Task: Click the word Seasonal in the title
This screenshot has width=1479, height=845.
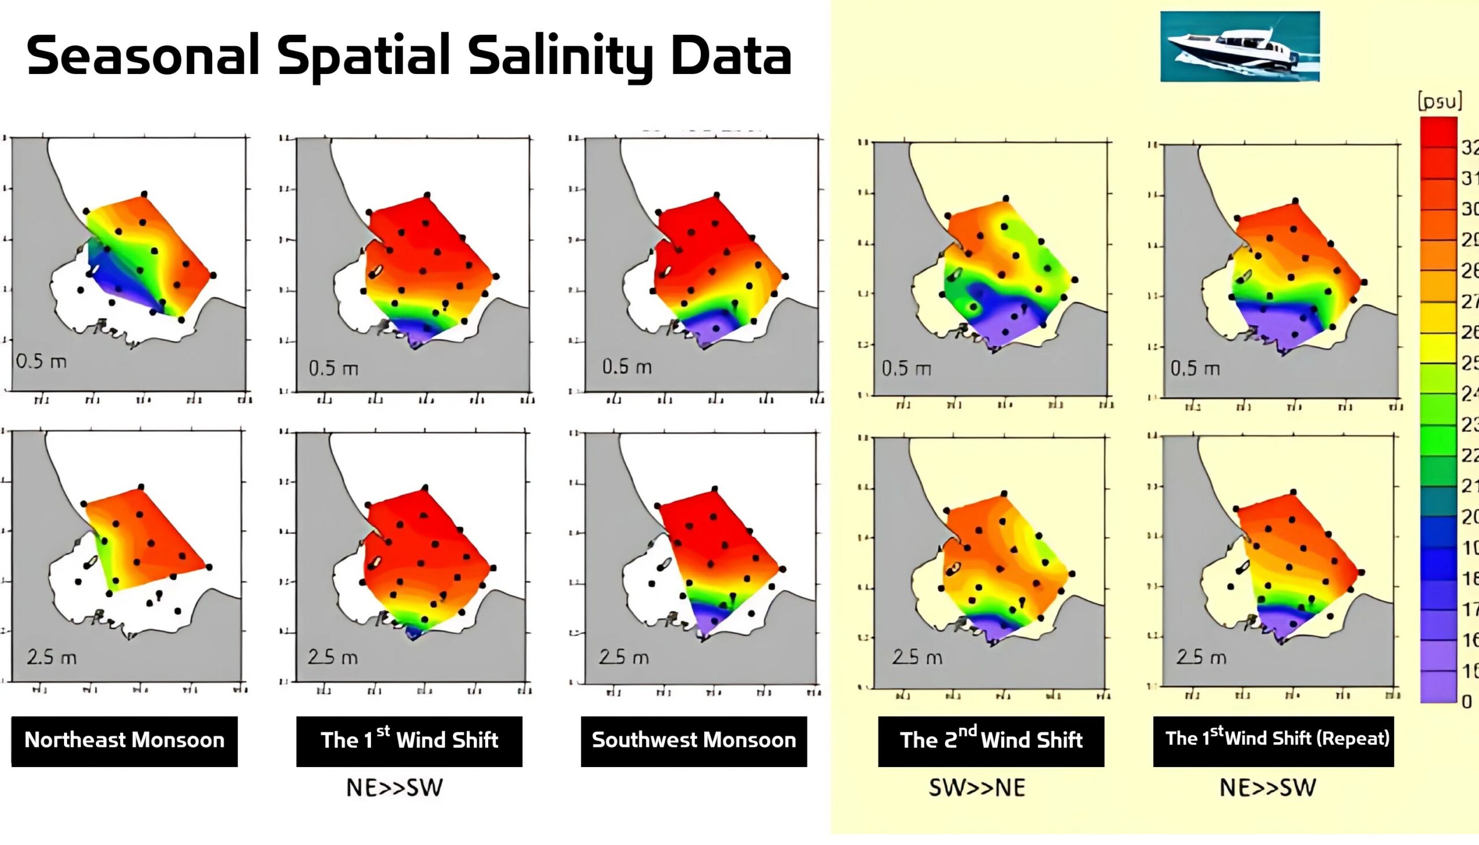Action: (142, 55)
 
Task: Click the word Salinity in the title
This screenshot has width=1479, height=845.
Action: (561, 56)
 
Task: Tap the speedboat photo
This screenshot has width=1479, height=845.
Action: (1239, 46)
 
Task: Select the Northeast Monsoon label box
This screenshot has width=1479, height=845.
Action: (124, 741)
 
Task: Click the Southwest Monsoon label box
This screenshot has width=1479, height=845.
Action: (694, 741)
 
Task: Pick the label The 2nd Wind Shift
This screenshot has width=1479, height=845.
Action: (991, 741)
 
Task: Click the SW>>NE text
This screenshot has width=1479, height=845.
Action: (977, 788)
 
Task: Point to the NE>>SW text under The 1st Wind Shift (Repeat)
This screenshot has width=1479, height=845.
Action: (1268, 788)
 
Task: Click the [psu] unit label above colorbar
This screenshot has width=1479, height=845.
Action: (1439, 102)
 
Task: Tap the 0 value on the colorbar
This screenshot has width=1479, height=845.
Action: (1467, 702)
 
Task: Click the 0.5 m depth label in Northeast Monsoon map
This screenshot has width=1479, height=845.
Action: (41, 362)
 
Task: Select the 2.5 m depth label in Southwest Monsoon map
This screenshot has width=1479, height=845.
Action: (624, 657)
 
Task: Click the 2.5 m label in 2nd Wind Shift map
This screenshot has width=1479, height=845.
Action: (917, 657)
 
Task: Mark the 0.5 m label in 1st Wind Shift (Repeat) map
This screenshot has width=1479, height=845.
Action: (1195, 368)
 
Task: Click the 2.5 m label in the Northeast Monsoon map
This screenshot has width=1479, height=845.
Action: (51, 657)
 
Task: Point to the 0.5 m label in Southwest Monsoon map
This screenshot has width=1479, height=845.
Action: (627, 367)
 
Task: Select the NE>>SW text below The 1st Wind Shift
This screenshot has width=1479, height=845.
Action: (395, 788)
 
